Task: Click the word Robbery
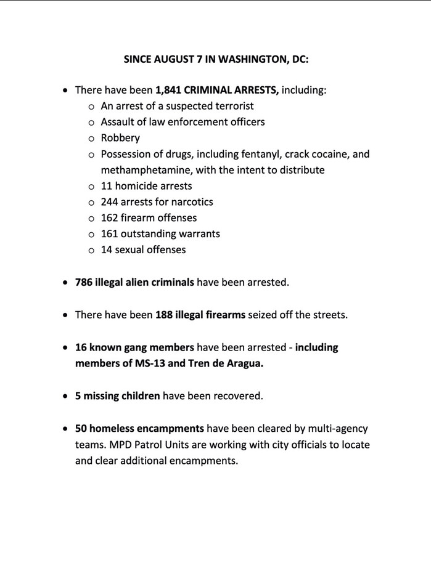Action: (120, 138)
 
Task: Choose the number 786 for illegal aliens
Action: (84, 283)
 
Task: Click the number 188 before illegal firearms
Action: (165, 315)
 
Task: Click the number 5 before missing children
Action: (78, 395)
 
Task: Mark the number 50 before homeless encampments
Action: (81, 428)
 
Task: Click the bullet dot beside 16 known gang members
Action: (65, 347)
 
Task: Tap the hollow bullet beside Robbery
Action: (91, 139)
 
